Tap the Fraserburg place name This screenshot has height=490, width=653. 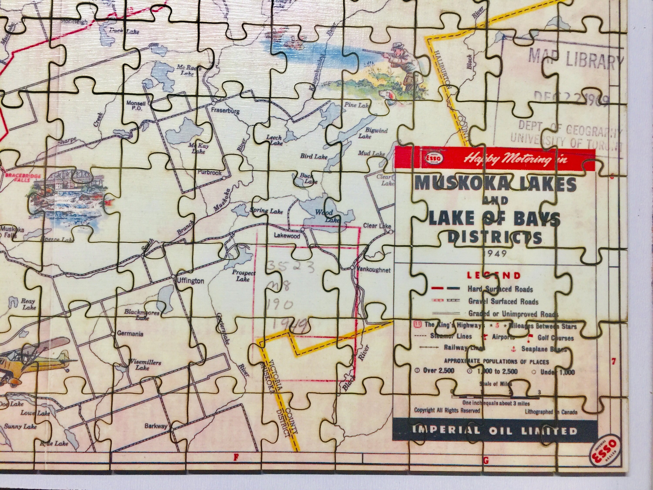point(226,111)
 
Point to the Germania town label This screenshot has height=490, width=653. point(130,334)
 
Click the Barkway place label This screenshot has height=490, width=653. point(156,426)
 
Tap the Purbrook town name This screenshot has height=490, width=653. point(210,172)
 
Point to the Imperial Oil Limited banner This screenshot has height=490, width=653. point(494,431)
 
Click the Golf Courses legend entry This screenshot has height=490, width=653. point(555,338)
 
